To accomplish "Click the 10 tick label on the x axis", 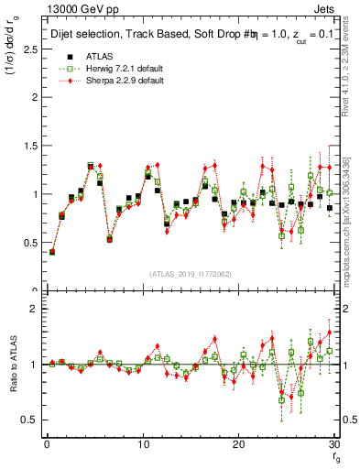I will tap(142, 443).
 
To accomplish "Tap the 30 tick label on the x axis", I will tap(333, 443).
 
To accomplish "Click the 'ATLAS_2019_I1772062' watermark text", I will tap(190, 274).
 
